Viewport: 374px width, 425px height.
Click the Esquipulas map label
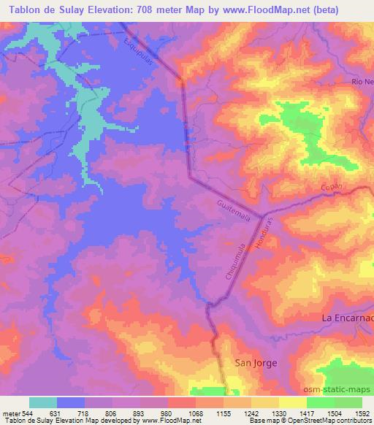coord(141,53)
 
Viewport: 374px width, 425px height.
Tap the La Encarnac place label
coord(348,318)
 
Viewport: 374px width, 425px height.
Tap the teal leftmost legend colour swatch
coord(43,402)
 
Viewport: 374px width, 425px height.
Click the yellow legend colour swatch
coord(293,402)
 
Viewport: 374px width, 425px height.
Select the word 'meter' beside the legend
coord(11,413)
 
